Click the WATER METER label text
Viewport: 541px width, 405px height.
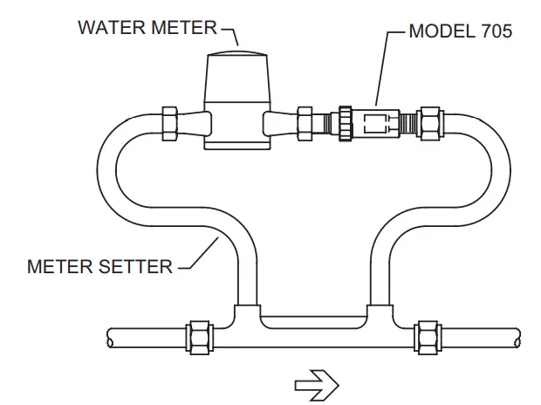146,26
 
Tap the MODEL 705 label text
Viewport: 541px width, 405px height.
460,31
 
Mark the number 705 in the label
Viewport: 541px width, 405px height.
494,31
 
